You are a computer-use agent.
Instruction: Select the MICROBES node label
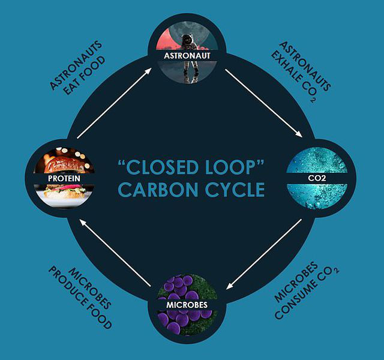[x=187, y=305]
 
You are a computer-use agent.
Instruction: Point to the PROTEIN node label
[x=64, y=178]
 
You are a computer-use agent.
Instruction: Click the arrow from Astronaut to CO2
[x=263, y=103]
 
